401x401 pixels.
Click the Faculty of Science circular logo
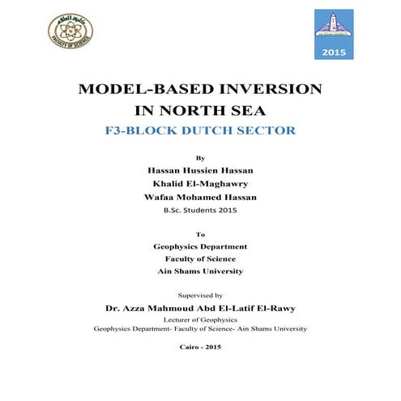[70, 32]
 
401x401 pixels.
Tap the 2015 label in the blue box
[334, 52]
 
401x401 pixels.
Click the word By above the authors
[201, 157]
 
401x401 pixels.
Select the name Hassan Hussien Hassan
[200, 171]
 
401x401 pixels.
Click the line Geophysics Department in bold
[200, 245]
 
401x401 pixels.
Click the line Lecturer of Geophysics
[200, 320]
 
